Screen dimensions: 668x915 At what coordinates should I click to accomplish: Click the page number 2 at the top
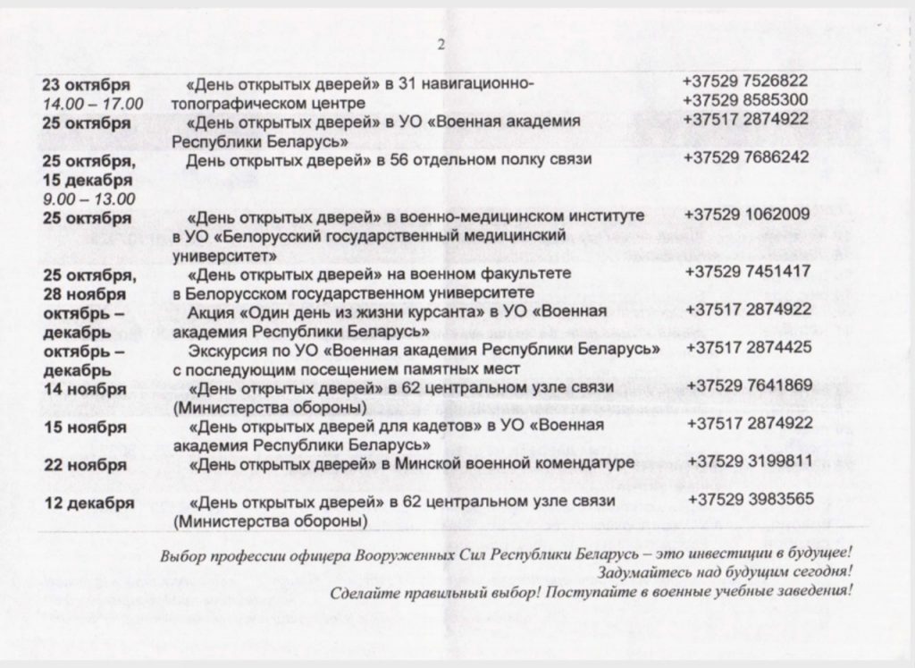pyautogui.click(x=441, y=45)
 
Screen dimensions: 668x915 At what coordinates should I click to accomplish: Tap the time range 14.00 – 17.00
pyautogui.click(x=93, y=105)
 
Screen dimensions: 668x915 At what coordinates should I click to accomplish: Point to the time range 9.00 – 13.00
pyautogui.click(x=88, y=199)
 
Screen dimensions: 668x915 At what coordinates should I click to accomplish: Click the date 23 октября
pyautogui.click(x=86, y=85)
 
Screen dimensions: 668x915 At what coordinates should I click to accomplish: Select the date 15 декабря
pyautogui.click(x=87, y=181)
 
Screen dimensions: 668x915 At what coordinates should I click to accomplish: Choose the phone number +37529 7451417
pyautogui.click(x=748, y=272)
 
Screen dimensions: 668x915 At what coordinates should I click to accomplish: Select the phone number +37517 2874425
pyautogui.click(x=749, y=347)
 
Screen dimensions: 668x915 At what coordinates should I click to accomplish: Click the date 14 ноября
pyautogui.click(x=85, y=389)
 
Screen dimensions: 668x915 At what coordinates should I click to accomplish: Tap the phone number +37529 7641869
pyautogui.click(x=749, y=386)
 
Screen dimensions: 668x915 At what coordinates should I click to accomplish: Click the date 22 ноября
pyautogui.click(x=85, y=465)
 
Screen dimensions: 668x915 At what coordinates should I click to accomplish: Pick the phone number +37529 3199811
pyautogui.click(x=750, y=461)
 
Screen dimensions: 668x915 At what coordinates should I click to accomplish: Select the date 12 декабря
pyautogui.click(x=89, y=503)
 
